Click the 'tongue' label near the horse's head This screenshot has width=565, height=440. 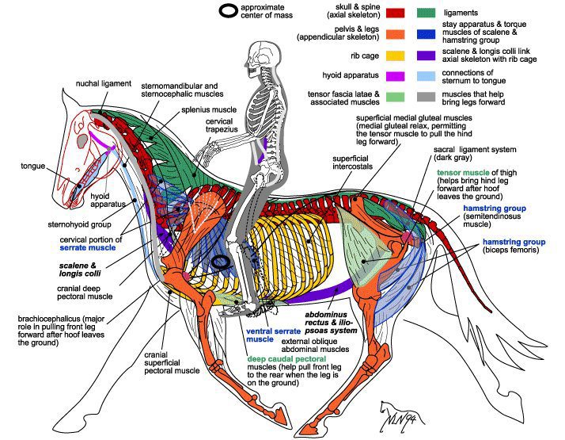pyautogui.click(x=34, y=166)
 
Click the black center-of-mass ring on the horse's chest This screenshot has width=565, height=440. pyautogui.click(x=221, y=261)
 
